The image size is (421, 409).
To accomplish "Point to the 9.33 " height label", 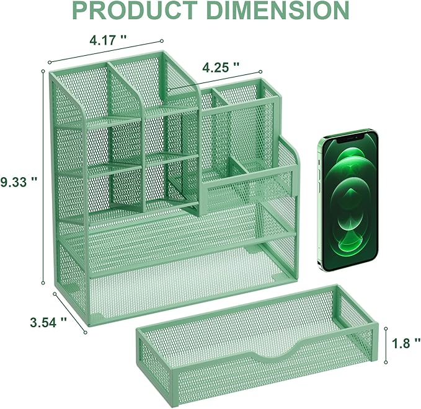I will (x=19, y=181).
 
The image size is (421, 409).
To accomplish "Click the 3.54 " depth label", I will (x=48, y=322).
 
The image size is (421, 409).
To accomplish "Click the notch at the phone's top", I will (x=348, y=134).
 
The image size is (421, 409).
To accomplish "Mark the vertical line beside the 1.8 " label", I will (x=386, y=342).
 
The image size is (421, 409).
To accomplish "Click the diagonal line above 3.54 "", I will (x=69, y=312).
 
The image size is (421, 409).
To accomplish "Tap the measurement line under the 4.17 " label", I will (x=109, y=53).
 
